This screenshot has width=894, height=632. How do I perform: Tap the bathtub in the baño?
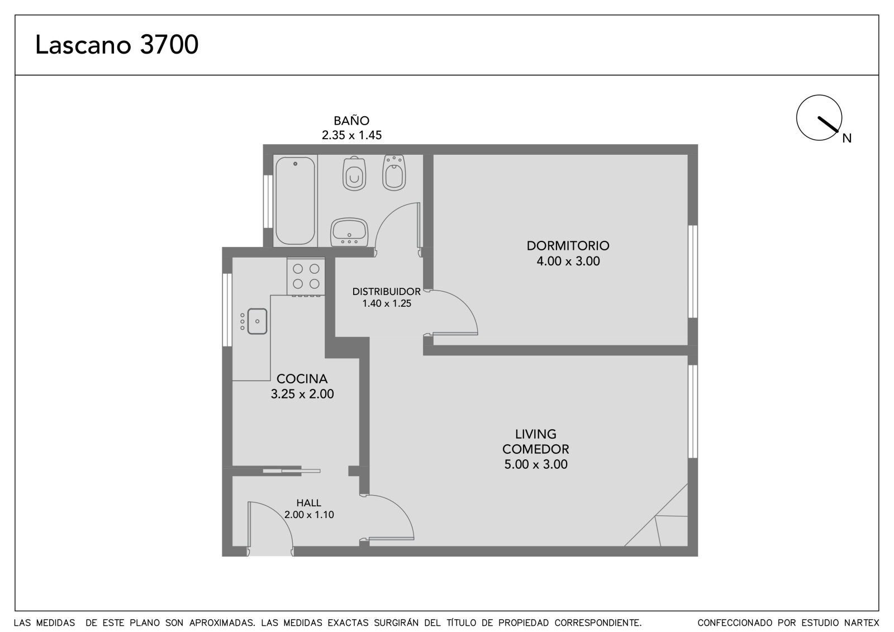(296, 201)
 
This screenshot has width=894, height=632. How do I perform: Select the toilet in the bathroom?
(354, 173)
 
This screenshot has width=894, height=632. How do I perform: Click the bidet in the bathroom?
(394, 173)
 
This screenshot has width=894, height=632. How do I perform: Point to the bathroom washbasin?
(349, 232)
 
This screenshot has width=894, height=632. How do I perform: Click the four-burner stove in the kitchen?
(306, 276)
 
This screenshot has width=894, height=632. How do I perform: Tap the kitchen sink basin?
(257, 321)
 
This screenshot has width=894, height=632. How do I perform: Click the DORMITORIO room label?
(568, 245)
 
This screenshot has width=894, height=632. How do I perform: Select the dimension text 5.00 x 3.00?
(536, 464)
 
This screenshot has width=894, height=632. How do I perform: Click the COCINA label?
(302, 378)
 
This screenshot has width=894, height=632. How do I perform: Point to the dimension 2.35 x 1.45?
(351, 135)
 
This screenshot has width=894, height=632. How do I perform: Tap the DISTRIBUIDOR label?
(386, 292)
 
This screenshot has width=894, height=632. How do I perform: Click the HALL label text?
(308, 503)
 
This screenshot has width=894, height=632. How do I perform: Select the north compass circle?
(819, 118)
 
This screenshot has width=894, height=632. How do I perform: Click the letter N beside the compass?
(847, 138)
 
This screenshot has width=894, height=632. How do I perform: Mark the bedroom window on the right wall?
(693, 272)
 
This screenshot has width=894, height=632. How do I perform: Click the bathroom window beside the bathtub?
(268, 202)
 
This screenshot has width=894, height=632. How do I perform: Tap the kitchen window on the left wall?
(227, 310)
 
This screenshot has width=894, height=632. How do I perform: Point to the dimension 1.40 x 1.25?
(386, 303)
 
